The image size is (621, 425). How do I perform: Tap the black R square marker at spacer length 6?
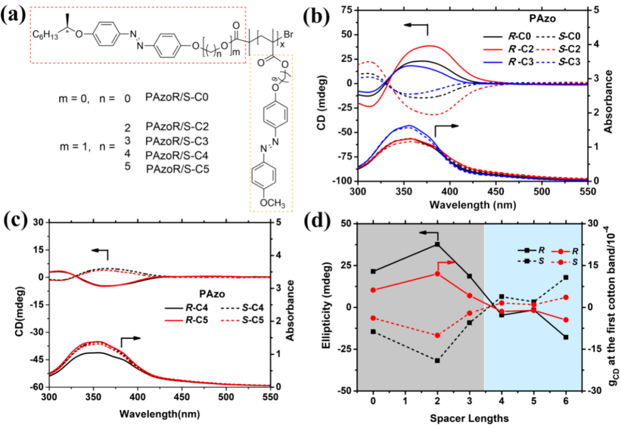pos(566,337)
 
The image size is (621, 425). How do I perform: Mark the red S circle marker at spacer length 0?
pos(373,318)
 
